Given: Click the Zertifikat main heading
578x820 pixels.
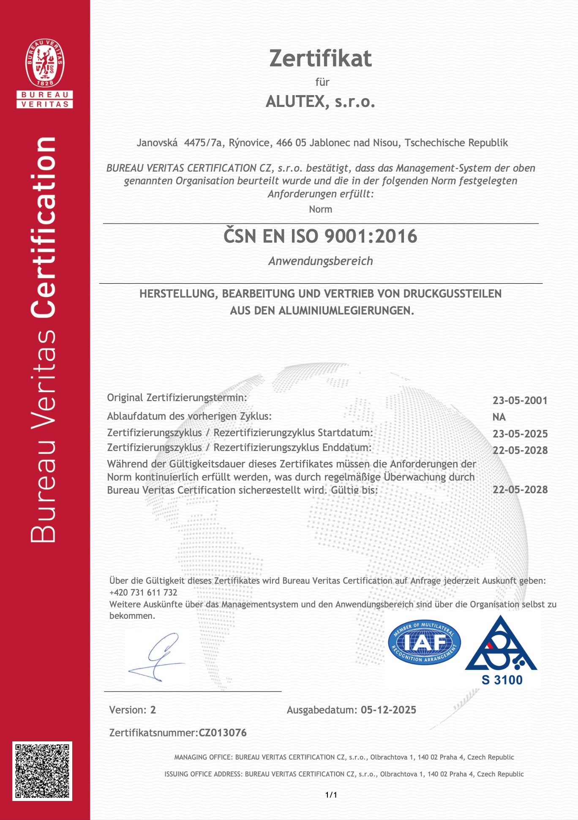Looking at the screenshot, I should pos(321,58).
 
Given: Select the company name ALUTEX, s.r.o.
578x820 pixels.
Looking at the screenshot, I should pos(320,102).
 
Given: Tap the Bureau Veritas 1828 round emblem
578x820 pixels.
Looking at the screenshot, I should pos(45,63).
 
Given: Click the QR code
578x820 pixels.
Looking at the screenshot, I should pos(42,771).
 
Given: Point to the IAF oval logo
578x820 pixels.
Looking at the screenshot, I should pos(424,643).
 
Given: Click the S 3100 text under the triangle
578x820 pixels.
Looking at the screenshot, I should pos(502,680).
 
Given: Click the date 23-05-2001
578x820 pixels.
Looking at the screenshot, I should pos(520,400).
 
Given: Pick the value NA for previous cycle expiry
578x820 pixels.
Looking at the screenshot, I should pos(499,417).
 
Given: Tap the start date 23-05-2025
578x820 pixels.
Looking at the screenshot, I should pos(520,434).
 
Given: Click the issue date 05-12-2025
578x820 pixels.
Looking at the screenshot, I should pos(388,710).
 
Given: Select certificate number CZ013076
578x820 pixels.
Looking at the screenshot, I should pos(223,733).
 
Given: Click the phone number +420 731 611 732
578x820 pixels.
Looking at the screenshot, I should pos(143,593).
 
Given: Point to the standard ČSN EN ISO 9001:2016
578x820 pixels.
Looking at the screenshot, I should pos(320,236).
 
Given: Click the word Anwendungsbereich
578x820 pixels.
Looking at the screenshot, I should pos(321,261).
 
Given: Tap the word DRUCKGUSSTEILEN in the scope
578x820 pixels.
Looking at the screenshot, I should pos(452,294).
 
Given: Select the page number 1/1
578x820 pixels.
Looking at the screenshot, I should pos(331,795).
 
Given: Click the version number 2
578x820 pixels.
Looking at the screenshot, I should pos(153,710).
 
